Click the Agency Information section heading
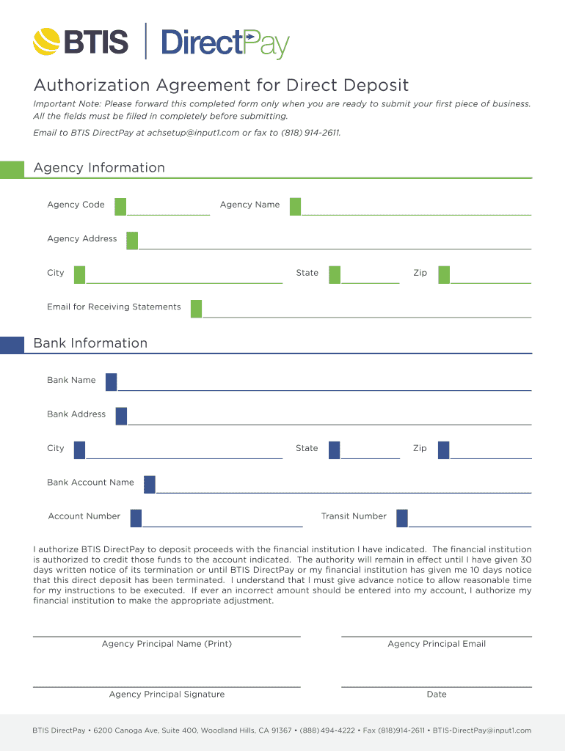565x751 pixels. point(99,168)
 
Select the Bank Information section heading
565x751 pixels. point(90,343)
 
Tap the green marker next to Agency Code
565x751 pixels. point(120,206)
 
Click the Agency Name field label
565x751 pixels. point(249,205)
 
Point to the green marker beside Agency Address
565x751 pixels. point(132,240)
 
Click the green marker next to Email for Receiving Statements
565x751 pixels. point(196,308)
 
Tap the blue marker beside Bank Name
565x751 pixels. point(111,381)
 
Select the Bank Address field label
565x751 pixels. point(76,414)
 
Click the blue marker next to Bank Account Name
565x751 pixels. point(150,484)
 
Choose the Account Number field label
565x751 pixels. point(84,516)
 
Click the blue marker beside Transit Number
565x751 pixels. point(402,518)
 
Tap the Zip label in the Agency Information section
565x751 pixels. point(420,273)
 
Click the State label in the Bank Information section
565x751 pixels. point(307,448)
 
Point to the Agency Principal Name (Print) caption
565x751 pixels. point(167,644)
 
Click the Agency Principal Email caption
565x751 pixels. point(437,644)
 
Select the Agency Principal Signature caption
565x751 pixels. point(167,695)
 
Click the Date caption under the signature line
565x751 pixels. point(437,695)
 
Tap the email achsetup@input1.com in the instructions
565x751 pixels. point(193,133)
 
